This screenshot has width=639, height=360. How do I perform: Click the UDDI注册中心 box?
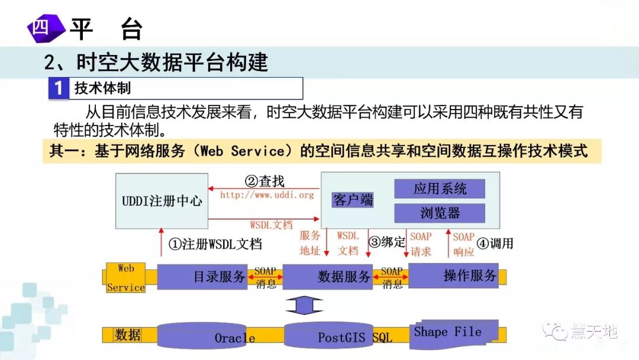(x=162, y=201)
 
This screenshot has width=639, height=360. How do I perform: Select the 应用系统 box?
(x=440, y=189)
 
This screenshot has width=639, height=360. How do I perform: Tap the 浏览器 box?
(x=440, y=213)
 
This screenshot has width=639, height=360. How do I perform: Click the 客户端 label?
(x=353, y=200)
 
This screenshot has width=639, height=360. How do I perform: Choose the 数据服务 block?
(x=328, y=277)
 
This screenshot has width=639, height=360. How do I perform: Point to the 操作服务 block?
(x=453, y=275)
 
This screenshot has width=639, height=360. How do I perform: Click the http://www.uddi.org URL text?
(x=267, y=194)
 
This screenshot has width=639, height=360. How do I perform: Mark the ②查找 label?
(x=264, y=181)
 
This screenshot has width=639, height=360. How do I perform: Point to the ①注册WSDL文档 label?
(x=215, y=243)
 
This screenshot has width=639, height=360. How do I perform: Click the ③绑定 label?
(x=387, y=242)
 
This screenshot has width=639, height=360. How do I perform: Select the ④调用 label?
(x=495, y=243)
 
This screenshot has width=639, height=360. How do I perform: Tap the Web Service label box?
(x=125, y=278)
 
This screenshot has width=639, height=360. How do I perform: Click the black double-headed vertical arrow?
(x=304, y=306)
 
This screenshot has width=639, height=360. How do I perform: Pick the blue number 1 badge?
(x=59, y=89)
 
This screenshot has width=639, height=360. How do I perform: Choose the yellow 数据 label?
(x=128, y=335)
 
